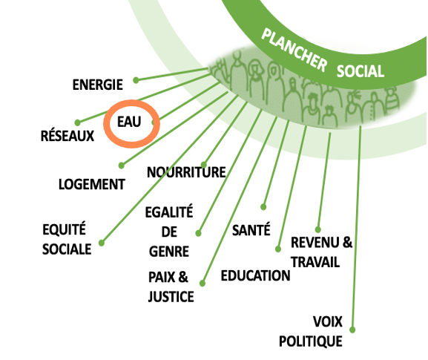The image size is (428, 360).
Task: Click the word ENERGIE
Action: coord(97,85)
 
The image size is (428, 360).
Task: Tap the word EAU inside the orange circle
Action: coord(129,122)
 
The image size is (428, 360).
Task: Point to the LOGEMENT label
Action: coord(92,184)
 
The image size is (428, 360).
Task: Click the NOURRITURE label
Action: coord(186,172)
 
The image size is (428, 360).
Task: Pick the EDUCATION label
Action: coord(255,275)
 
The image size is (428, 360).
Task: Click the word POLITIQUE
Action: coord(311,341)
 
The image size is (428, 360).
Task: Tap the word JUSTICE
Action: coord(171,297)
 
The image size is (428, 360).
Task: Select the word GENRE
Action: coord(169,252)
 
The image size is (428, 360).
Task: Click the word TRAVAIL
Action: coord(315,262)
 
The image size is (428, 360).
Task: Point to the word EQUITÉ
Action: coord(64,229)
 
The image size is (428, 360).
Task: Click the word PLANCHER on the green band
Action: coord(294,50)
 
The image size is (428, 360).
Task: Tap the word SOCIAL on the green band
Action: coord(360,71)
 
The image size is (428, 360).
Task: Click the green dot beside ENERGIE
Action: coord(136,80)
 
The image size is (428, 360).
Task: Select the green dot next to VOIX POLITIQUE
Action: coord(352,330)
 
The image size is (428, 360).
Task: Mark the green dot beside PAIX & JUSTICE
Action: coord(203,283)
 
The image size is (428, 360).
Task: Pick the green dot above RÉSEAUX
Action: coord(78,122)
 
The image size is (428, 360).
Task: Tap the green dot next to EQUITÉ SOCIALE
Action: coord(102,243)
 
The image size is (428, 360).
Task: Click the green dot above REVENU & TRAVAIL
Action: coord(317,229)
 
